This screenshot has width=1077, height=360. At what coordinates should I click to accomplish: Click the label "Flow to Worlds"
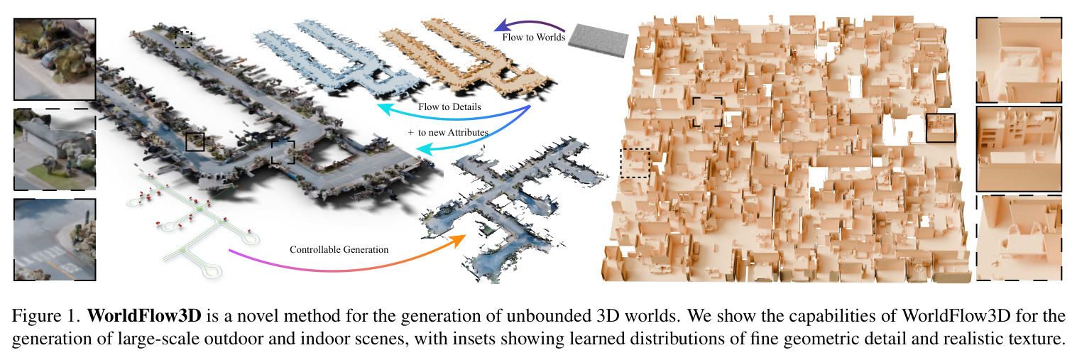(x=534, y=37)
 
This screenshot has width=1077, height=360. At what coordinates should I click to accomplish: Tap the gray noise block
(x=598, y=40)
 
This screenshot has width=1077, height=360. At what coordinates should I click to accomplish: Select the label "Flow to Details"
(x=449, y=107)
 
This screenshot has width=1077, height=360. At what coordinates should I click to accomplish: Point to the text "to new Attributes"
(x=453, y=132)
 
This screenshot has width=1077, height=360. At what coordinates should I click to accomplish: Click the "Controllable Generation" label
(x=339, y=249)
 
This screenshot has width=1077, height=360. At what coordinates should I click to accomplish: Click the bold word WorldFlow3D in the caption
(x=144, y=316)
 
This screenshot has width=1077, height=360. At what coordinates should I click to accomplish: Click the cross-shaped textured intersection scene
(x=515, y=202)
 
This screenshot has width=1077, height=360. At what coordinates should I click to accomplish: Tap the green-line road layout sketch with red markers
(x=192, y=219)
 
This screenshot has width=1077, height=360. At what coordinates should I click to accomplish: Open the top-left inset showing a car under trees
(x=55, y=59)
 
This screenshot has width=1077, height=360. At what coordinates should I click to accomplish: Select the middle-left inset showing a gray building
(x=55, y=149)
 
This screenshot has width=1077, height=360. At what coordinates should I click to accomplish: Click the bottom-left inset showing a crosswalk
(x=55, y=239)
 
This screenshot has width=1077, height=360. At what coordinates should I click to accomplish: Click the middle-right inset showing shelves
(x=1019, y=149)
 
